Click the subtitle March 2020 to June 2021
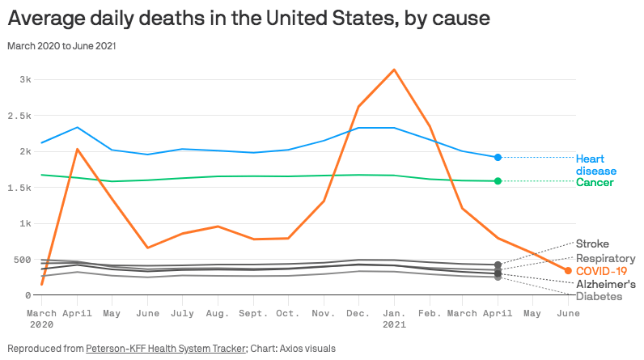pos(61,45)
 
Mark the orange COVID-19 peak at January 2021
pos(394,70)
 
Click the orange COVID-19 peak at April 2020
pos(77,149)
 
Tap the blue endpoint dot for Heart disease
pos(498,157)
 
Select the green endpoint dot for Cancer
pos(498,181)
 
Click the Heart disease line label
pos(596,164)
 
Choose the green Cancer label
pos(595,183)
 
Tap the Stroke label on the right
pos(592,244)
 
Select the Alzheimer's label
pos(605,285)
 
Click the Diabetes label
pos(599,297)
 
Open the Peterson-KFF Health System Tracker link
pos(165,348)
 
